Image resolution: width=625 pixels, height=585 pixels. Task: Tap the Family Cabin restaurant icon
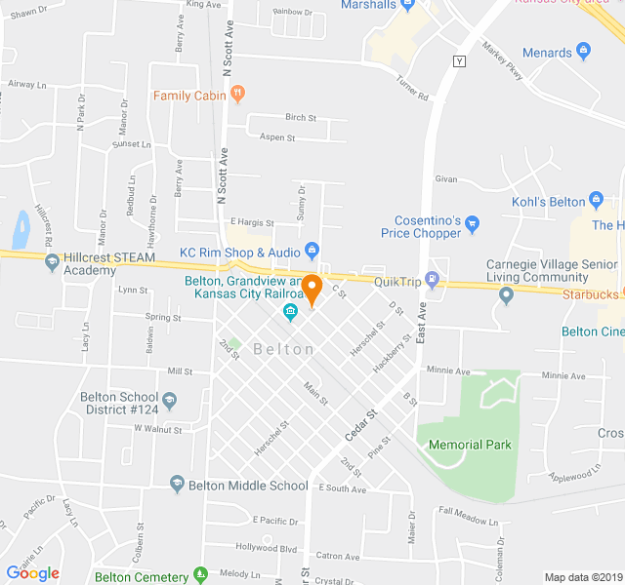click(x=237, y=95)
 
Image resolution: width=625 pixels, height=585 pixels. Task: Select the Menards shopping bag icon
click(x=584, y=52)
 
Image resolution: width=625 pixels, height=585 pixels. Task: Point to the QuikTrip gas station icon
click(x=433, y=282)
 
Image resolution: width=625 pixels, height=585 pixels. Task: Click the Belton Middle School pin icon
click(x=177, y=485)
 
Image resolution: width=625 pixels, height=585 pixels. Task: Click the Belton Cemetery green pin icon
click(x=200, y=576)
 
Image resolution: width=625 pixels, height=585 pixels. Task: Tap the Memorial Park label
click(x=470, y=445)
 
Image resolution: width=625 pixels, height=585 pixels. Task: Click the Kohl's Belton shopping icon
click(x=598, y=202)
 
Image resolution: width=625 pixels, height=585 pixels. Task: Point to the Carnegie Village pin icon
click(x=506, y=295)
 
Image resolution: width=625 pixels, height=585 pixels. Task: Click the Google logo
click(x=33, y=572)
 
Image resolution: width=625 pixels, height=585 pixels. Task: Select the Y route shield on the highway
click(x=460, y=61)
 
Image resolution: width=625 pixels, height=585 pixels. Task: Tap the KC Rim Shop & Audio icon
click(x=312, y=252)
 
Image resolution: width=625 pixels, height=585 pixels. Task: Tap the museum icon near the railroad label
click(x=290, y=312)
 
